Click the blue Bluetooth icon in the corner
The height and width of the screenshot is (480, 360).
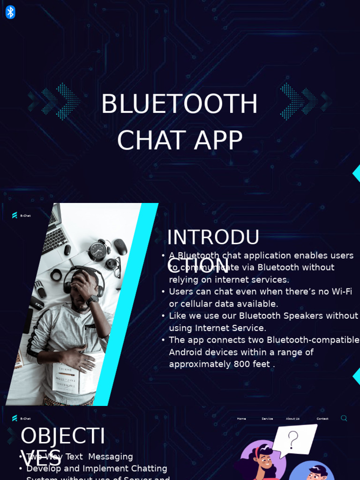coord(10,12)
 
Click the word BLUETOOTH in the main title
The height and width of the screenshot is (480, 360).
coord(180,104)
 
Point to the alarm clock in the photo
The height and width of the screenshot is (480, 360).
coord(98,250)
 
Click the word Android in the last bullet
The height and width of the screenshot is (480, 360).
coord(186,352)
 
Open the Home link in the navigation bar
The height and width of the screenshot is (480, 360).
coord(241,419)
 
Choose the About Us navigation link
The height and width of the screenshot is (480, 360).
coord(292,419)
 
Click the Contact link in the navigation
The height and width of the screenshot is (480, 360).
coord(322,419)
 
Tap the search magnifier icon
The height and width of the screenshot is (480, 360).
coord(344,418)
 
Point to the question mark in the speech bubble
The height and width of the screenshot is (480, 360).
coord(293,440)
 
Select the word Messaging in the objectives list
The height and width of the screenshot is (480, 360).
coord(111,457)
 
